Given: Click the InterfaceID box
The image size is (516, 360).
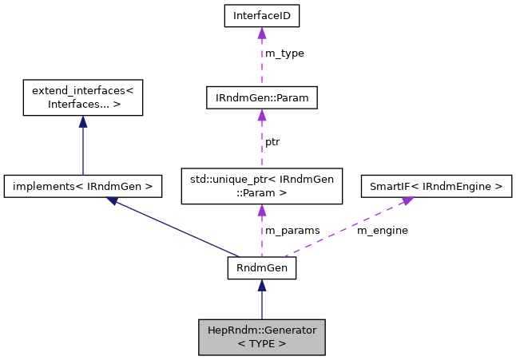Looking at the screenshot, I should coord(261,14).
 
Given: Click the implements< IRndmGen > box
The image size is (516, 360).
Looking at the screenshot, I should coord(83,187).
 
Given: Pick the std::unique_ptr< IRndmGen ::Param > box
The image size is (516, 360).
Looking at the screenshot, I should coord(261,183).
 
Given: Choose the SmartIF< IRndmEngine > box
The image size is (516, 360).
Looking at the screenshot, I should coord(436,187).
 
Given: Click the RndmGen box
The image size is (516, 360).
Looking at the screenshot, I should coord(261,268).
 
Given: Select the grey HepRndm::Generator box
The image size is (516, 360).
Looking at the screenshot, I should coord(261,336).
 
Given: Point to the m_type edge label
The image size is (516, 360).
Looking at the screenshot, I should coord(284,53).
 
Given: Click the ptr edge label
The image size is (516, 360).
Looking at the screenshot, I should coord(272,141).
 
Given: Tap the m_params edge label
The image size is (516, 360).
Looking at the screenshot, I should coord(292,230).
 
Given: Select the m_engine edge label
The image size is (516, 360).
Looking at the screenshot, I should coord(382,230).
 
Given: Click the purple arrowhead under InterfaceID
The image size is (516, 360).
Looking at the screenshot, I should coord(261,33).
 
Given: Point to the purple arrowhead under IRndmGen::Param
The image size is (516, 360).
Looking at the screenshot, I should coord(261,117).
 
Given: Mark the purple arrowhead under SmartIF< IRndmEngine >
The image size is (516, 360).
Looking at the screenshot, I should coord(407,201).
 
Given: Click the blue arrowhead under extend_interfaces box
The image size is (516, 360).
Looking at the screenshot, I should coord(82,121).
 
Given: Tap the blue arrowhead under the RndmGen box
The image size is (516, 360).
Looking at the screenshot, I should coord(261,286).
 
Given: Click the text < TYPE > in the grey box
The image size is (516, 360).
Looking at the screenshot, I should coord(261,343).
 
